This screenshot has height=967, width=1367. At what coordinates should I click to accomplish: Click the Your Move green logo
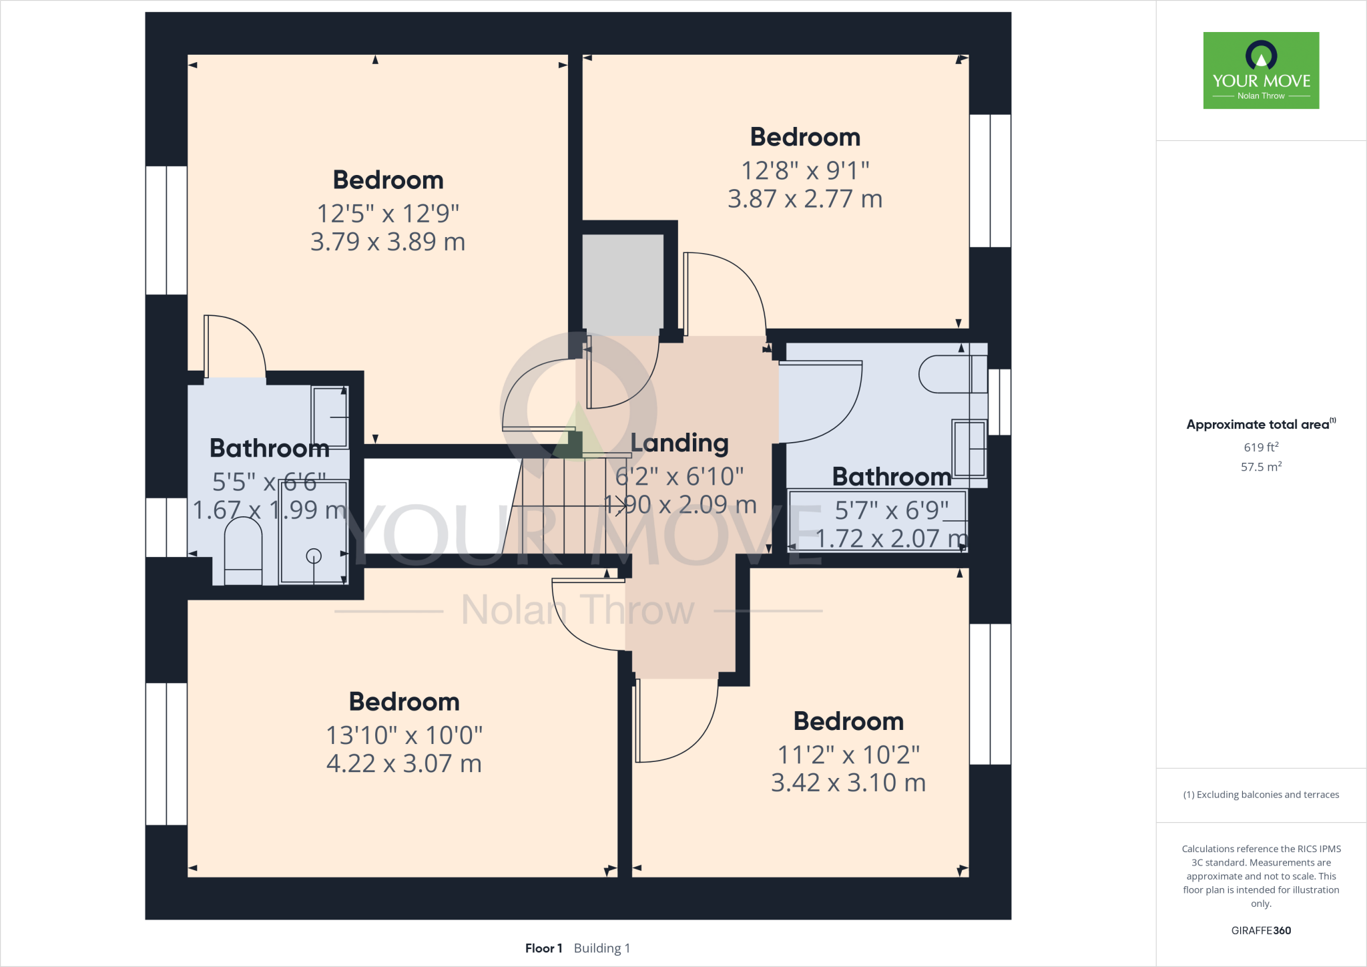click(1261, 70)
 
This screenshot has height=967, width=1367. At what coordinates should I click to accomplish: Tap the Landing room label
click(679, 443)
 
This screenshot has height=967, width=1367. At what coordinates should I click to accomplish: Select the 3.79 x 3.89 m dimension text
click(388, 242)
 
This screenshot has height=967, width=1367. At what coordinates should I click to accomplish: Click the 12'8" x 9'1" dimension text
click(805, 171)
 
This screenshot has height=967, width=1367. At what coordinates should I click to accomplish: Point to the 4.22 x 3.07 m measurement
click(404, 763)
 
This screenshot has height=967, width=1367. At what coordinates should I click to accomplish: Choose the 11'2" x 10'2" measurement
click(848, 755)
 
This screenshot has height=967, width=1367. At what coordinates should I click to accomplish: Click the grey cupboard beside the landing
click(623, 284)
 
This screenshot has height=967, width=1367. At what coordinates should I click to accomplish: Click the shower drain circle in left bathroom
click(314, 556)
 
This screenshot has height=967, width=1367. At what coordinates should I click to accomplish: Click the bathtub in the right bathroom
click(878, 521)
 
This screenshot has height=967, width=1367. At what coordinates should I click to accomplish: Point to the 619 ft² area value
click(1261, 447)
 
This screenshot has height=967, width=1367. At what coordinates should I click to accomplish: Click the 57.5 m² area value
click(1261, 467)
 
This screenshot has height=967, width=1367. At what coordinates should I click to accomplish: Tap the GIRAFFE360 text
click(1261, 930)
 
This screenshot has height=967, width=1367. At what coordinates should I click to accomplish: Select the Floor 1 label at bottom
click(543, 948)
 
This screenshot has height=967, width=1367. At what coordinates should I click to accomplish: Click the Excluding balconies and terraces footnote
click(1261, 795)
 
